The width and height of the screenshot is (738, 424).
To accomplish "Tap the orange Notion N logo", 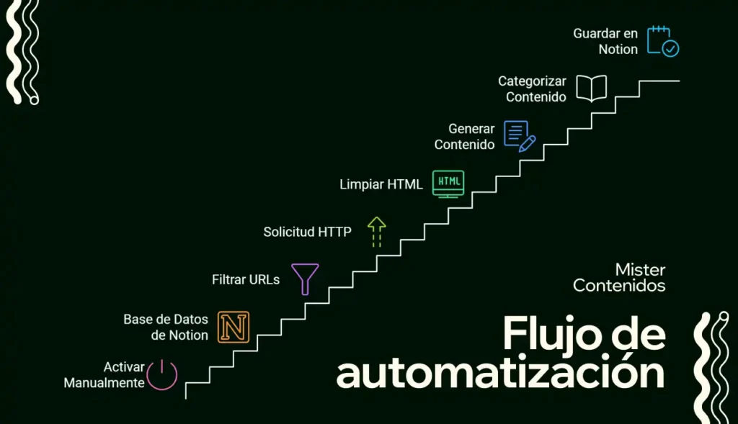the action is pos(234,327).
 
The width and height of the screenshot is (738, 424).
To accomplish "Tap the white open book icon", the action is pos(592,89).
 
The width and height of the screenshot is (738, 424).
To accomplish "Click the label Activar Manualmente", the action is pos(104,374).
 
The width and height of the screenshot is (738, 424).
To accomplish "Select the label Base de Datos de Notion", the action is pos(166,327).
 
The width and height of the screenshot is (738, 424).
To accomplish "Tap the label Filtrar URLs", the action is pos(246,280).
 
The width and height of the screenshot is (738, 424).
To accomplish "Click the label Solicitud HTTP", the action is pos(307,232).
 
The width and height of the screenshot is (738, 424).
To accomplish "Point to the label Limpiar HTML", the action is pos(381,184).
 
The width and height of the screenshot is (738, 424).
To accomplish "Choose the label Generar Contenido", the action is pos(465,136).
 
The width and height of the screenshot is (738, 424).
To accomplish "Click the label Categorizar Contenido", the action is pos(533,89).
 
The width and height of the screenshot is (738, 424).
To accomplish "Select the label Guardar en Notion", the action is pos(605,41).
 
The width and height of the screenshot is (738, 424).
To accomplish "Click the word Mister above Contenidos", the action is pos(640,270).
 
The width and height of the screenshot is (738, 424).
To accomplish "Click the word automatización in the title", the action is pos(500,373).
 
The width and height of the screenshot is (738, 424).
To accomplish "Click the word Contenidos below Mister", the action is pos(619,285).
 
